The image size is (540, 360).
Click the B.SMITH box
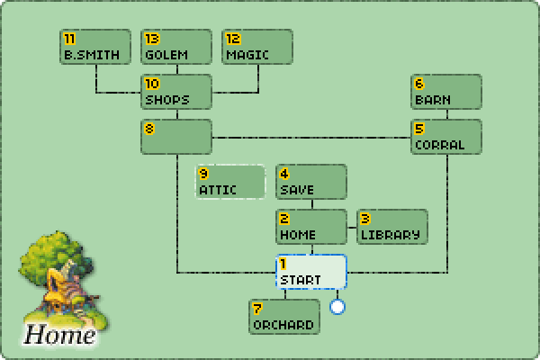[x=95, y=47]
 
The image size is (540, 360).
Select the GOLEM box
[x=176, y=47]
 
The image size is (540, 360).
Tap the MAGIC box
[x=257, y=47]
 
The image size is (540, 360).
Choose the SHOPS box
[x=176, y=92]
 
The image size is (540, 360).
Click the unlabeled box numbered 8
[x=176, y=137]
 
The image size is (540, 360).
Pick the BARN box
[x=446, y=92]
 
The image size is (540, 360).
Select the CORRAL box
[x=446, y=137]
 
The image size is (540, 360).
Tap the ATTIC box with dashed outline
[x=230, y=182]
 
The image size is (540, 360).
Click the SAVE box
[x=311, y=182]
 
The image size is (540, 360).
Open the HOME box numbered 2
[x=311, y=227]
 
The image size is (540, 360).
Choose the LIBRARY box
[x=392, y=227]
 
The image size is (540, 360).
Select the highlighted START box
[x=311, y=272]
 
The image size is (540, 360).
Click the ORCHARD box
[x=284, y=317]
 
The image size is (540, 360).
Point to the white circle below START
[x=337, y=307]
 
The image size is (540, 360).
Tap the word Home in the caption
[x=59, y=336]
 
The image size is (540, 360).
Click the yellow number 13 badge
[x=151, y=38]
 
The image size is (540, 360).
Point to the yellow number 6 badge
[x=419, y=83]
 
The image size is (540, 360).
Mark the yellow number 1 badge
[x=283, y=263]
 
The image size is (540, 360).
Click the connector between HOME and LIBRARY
[x=352, y=227]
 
